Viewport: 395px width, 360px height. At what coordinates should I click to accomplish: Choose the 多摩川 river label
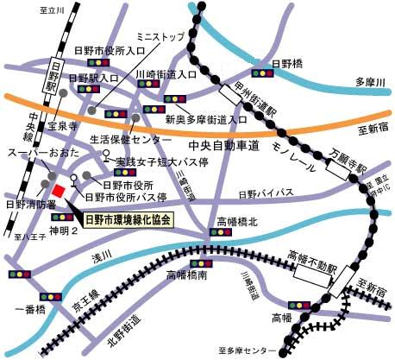click(370, 81)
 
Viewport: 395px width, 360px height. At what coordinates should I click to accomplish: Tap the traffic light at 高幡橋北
click(218, 231)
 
